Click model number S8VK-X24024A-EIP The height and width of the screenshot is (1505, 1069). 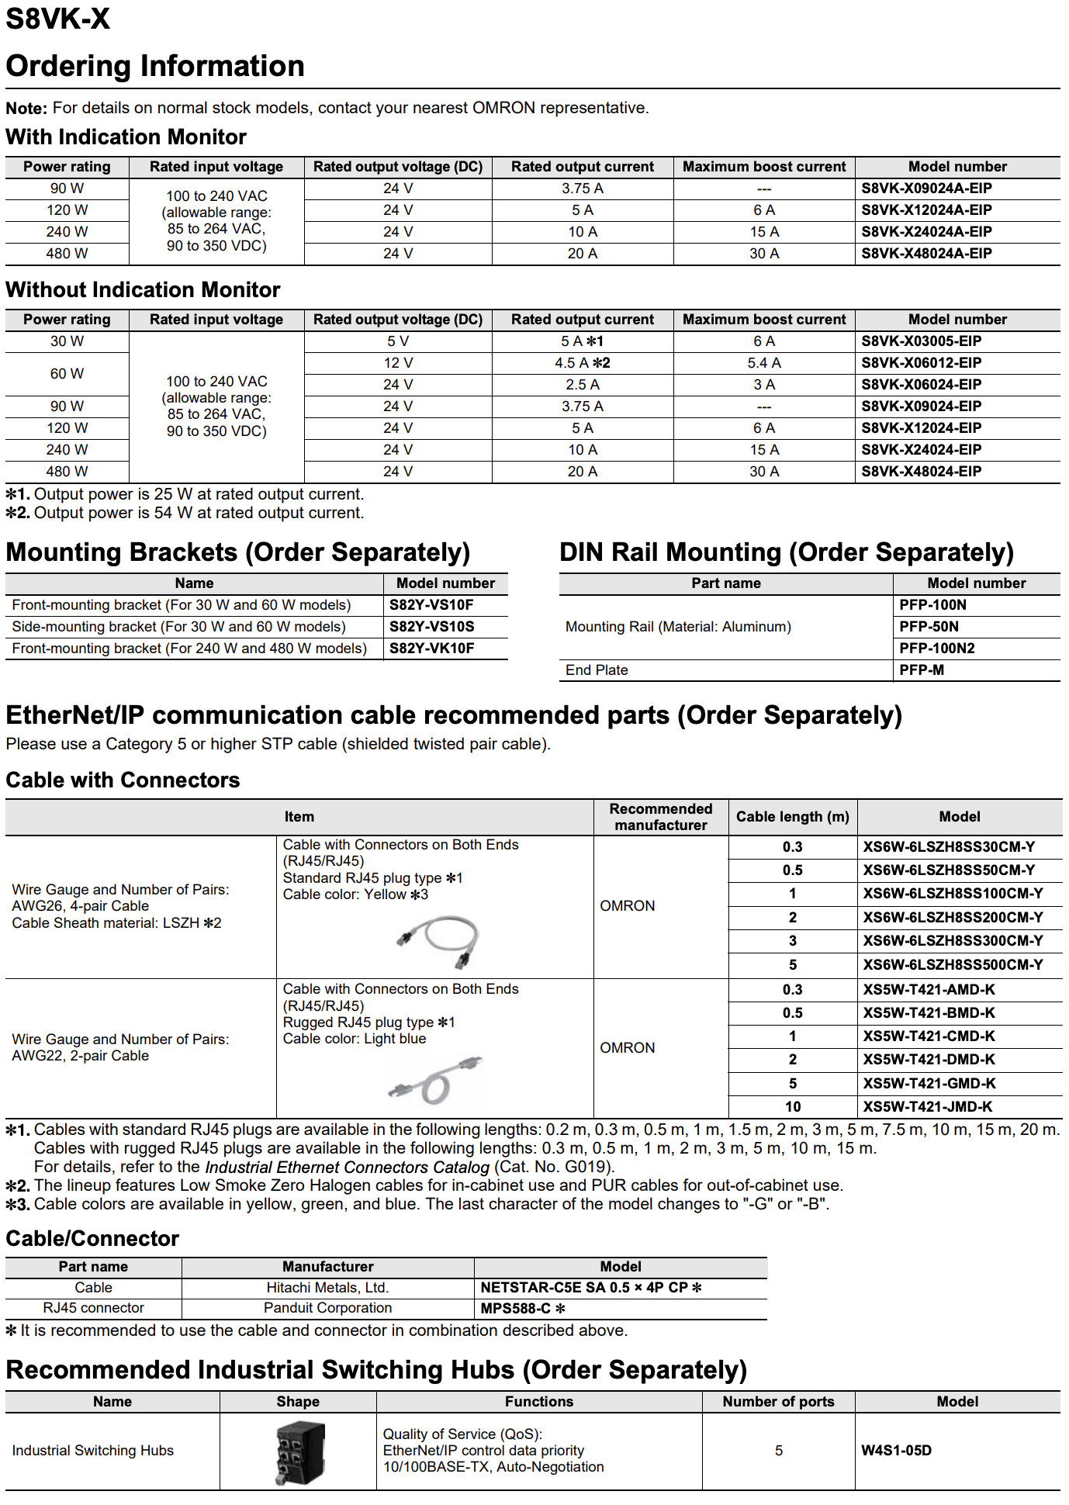click(x=926, y=232)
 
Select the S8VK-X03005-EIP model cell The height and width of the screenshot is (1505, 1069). click(x=921, y=341)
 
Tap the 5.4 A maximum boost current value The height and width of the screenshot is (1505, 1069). click(x=764, y=363)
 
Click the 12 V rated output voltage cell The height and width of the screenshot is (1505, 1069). click(x=398, y=363)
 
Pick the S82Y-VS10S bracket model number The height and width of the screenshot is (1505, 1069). click(x=431, y=627)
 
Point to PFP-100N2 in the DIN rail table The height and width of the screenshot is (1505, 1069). click(x=936, y=649)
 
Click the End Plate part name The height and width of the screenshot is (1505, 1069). click(x=597, y=670)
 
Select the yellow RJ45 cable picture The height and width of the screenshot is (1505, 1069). click(x=439, y=941)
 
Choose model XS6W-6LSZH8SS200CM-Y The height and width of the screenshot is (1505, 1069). click(x=953, y=918)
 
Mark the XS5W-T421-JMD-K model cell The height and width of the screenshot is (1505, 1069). click(x=928, y=1107)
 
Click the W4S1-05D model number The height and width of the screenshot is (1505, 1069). click(x=896, y=1451)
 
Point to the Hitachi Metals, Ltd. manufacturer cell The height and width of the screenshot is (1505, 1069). click(x=327, y=1288)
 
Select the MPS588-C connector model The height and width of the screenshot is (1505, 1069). click(x=522, y=1309)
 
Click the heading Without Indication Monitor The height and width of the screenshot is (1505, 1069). click(x=143, y=290)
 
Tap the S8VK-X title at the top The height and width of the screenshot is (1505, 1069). click(x=58, y=19)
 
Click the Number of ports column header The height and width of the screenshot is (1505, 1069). click(x=778, y=1402)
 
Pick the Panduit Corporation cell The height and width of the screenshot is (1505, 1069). click(x=327, y=1308)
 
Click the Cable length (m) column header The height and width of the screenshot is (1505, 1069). click(x=792, y=817)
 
